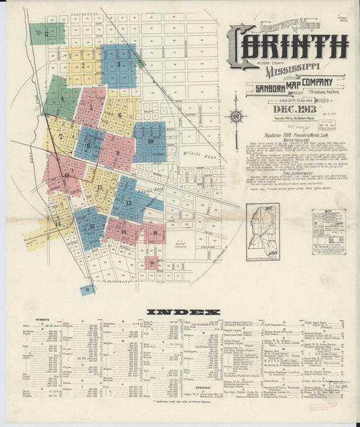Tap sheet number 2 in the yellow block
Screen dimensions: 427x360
[x=83, y=66]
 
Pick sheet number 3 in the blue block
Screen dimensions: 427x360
[x=119, y=64]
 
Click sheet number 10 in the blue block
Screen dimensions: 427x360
[x=151, y=141]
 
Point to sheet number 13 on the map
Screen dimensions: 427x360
[x=128, y=203]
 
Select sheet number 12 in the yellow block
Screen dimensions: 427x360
[x=99, y=187]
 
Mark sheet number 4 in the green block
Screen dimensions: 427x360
[x=62, y=99]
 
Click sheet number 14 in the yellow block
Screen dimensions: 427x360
[x=57, y=224]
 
